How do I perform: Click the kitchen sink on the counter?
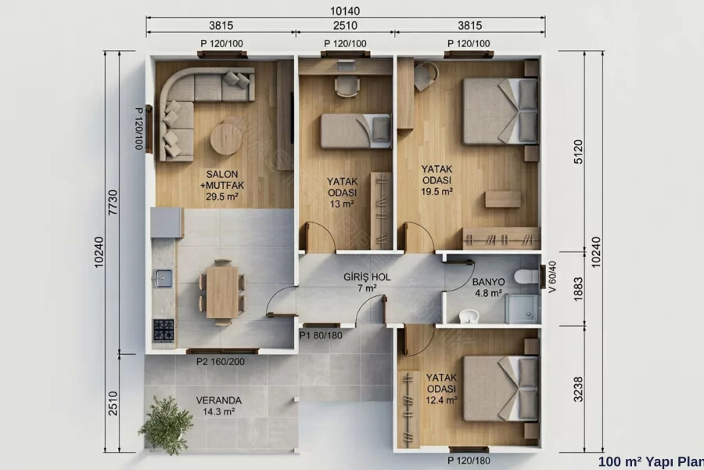coord(163,278)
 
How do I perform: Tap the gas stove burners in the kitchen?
coord(163,330)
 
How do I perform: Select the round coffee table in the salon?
coord(226,139)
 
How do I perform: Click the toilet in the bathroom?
coord(526,276)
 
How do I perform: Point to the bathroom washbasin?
coord(469,316)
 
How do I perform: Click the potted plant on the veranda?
coord(166,425)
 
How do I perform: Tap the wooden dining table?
coord(222,292)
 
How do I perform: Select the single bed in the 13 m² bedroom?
coord(356,131)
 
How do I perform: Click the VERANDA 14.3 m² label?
coord(219,406)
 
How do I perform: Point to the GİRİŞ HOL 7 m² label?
coord(367,283)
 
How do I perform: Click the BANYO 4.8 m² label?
coord(488,287)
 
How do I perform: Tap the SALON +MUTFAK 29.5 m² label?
coord(222,185)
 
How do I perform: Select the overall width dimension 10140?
coord(345,11)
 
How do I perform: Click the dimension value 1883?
coord(578,289)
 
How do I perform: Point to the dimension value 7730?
coord(113,202)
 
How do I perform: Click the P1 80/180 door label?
coord(321,335)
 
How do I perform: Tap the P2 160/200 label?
coord(221,362)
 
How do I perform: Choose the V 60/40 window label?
coord(552,277)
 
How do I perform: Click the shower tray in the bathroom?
coord(522,309)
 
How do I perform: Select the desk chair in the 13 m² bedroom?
coord(347,86)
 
